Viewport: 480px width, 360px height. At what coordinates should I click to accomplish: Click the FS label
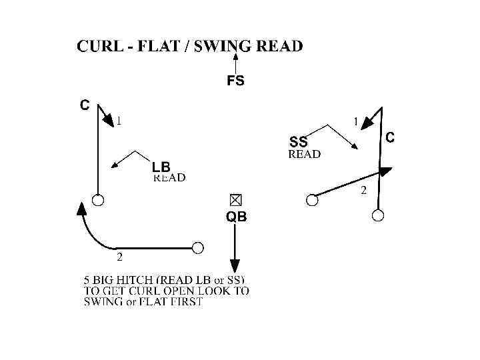click(x=236, y=81)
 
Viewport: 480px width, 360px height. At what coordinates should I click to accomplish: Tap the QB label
click(x=236, y=217)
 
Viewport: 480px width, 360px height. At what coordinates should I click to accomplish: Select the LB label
click(x=161, y=167)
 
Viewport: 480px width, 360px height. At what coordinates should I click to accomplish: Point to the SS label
click(x=299, y=142)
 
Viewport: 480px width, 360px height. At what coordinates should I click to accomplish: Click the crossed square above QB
click(x=235, y=199)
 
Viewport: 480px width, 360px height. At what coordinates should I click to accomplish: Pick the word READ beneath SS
click(x=303, y=154)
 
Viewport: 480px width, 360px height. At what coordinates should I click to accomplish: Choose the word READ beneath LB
click(x=169, y=178)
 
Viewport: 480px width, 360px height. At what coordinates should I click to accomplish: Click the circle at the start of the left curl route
click(x=98, y=200)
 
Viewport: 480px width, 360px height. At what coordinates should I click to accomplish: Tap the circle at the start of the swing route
click(x=197, y=248)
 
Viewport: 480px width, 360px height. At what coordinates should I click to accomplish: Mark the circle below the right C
click(x=378, y=215)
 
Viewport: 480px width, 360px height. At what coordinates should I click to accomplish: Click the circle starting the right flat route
click(x=311, y=199)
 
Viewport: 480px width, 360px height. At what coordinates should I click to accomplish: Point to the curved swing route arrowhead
click(x=81, y=208)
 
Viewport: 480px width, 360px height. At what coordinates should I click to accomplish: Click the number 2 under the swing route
click(x=119, y=256)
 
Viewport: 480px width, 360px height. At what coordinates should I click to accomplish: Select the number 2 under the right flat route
click(x=363, y=191)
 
